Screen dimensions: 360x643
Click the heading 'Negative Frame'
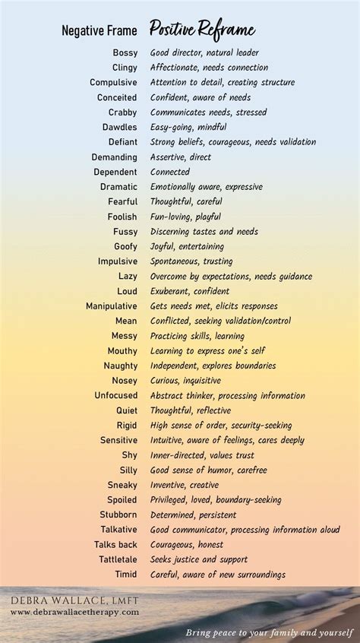pos(99,31)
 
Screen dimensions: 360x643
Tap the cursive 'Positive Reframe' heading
pos(201,30)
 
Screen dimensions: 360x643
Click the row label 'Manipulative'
pos(112,306)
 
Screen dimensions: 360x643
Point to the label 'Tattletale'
pos(115,559)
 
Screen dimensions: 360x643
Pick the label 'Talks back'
pos(115,544)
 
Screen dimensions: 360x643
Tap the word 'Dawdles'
pos(120,128)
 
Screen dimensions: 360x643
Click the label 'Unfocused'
pos(115,396)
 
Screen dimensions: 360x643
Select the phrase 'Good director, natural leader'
pos(204,53)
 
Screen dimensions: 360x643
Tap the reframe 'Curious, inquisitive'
pos(185,381)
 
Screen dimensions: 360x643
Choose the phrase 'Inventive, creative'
pos(184,485)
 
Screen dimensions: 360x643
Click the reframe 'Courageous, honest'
pos(186,544)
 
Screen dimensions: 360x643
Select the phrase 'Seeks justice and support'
pos(199,559)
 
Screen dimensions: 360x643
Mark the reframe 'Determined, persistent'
pos(193,515)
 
